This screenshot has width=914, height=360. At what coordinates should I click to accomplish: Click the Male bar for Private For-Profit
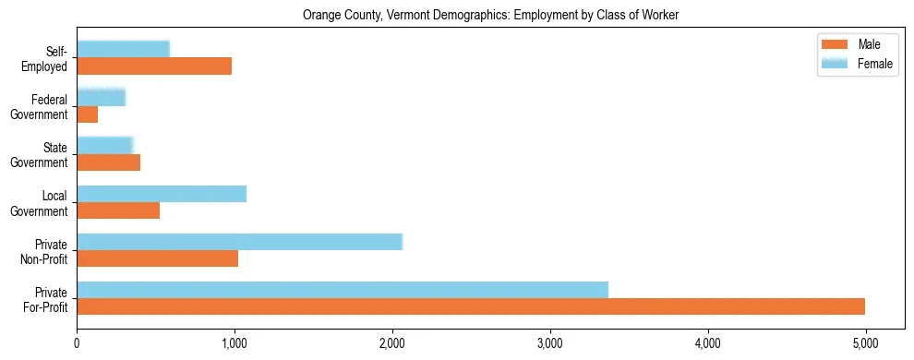click(x=471, y=306)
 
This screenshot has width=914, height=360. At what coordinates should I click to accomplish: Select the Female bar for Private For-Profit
click(x=343, y=290)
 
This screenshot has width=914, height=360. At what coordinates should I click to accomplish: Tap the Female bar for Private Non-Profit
click(x=239, y=242)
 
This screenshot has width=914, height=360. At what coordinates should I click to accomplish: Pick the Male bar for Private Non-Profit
click(x=157, y=258)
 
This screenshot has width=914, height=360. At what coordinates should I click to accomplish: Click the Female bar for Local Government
click(x=162, y=194)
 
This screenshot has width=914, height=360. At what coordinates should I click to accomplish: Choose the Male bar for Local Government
click(x=118, y=210)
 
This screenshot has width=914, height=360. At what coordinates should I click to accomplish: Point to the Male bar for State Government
click(x=108, y=162)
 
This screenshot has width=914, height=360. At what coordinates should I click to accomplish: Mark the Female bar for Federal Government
click(x=101, y=97)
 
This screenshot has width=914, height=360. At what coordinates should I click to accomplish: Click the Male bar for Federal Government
click(x=88, y=114)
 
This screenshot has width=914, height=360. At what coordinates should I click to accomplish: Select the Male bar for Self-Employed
click(x=154, y=66)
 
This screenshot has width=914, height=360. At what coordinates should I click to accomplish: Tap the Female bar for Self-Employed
click(x=123, y=49)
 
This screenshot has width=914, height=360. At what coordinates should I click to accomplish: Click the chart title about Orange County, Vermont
click(x=490, y=15)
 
